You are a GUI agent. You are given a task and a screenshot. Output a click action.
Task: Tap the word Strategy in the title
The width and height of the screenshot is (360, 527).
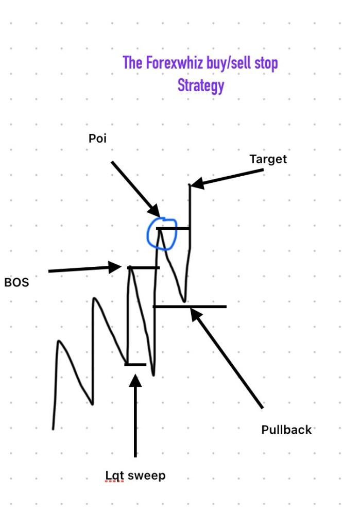click(201, 86)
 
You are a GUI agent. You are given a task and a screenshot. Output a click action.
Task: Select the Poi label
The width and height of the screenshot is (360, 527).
click(97, 138)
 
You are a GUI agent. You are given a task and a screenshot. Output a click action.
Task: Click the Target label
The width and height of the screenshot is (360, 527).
click(268, 159)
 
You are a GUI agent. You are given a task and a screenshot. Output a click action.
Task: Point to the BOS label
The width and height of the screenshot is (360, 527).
click(16, 282)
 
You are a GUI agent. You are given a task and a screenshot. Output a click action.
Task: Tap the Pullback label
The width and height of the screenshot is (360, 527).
click(286, 430)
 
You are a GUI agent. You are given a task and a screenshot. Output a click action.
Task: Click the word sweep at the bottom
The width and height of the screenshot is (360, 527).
click(147, 475)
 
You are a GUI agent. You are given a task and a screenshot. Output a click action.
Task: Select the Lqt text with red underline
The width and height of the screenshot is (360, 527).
click(115, 476)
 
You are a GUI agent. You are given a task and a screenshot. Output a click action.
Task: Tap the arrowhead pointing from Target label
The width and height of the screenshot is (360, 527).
click(197, 183)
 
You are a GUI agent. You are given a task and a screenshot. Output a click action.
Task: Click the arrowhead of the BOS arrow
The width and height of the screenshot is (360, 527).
click(115, 267)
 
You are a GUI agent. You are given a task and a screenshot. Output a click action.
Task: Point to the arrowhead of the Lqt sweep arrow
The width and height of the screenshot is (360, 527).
click(135, 381)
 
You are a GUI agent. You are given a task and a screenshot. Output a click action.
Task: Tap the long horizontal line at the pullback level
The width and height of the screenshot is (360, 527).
click(190, 307)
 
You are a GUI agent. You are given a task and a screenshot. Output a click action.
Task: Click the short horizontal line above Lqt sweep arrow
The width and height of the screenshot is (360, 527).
click(135, 365)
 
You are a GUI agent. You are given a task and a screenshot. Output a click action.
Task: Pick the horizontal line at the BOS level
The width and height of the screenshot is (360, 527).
click(144, 267)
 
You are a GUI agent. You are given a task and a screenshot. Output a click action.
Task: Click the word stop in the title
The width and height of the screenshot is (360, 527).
click(266, 63)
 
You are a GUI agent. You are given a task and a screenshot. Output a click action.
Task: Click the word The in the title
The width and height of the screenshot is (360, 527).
click(132, 63)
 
